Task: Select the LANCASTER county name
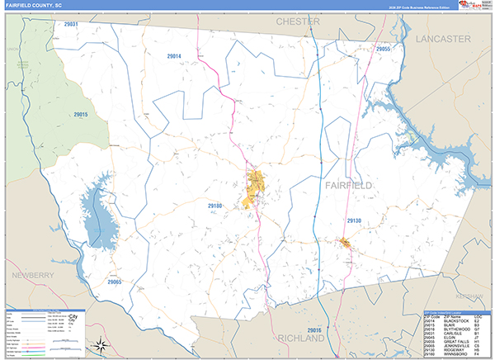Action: click(443, 39)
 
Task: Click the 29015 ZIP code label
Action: click(81, 115)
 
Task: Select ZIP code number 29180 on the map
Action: click(215, 205)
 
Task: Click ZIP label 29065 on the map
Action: click(114, 282)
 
